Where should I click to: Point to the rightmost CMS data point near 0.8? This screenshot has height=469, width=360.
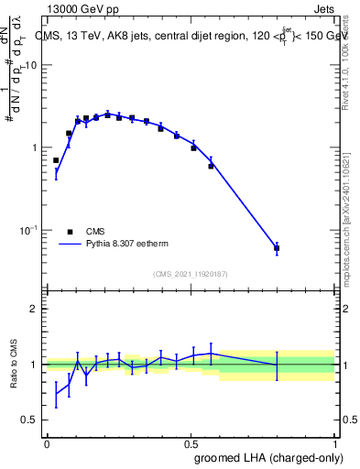point(277,248)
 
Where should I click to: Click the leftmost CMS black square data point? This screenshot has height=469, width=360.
point(56,160)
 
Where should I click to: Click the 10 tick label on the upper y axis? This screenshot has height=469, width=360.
point(31,66)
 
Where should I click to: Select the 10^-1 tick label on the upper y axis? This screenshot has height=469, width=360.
point(29,230)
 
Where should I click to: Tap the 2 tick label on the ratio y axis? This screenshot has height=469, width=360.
point(34,309)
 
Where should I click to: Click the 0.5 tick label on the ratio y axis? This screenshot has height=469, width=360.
point(30,420)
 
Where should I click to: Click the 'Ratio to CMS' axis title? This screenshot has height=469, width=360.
point(14,364)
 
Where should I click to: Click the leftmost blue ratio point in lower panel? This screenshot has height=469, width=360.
point(56,394)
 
